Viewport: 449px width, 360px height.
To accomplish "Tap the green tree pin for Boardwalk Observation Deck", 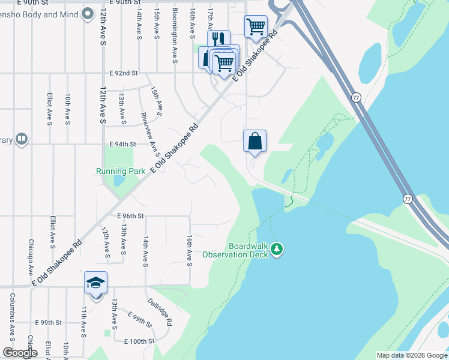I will click(x=276, y=249).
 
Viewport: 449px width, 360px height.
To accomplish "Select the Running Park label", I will click(x=121, y=171).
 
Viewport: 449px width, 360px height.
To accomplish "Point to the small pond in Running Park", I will click(x=118, y=179).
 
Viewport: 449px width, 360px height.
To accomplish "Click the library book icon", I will click(x=22, y=140).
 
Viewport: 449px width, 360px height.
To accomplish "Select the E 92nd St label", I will click(x=124, y=73).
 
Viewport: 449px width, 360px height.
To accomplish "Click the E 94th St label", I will click(x=122, y=145).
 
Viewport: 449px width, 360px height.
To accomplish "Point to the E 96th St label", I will click(x=131, y=216).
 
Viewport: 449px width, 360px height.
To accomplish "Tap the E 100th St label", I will click(x=139, y=341).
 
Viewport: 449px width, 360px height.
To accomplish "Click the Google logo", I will click(x=20, y=353).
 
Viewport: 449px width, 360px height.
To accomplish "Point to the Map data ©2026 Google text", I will click(x=411, y=355).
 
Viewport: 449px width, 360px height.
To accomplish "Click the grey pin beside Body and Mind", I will click(x=88, y=13).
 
